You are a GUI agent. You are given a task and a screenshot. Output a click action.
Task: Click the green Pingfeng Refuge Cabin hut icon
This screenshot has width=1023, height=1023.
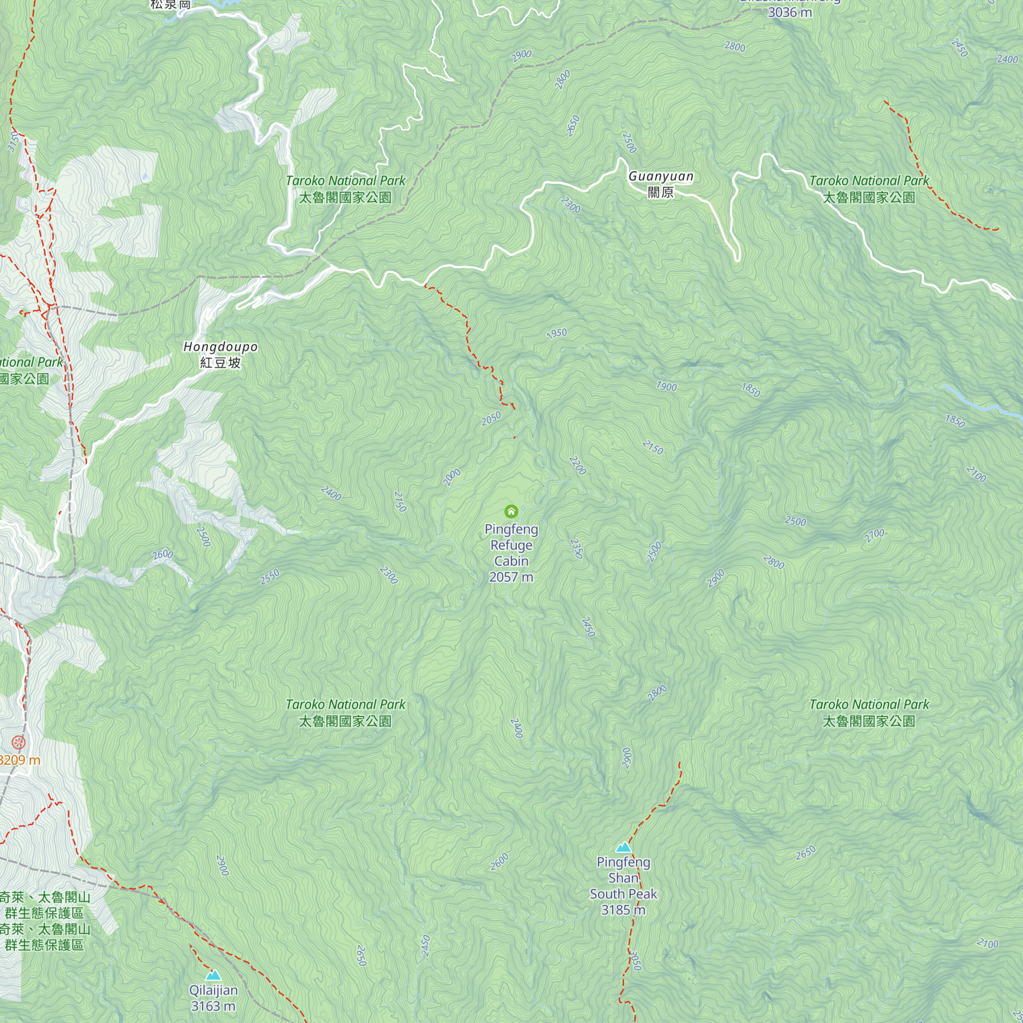click(x=511, y=511)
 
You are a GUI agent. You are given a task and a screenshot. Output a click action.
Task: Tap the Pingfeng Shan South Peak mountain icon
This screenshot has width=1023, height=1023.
click(x=624, y=847)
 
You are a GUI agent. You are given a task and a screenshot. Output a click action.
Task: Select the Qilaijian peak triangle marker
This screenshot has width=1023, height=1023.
click(x=213, y=975)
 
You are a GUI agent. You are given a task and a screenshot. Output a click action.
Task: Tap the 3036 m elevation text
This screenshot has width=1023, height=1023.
click(x=789, y=12)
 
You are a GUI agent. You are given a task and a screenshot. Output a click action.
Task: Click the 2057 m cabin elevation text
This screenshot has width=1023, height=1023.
click(x=511, y=577)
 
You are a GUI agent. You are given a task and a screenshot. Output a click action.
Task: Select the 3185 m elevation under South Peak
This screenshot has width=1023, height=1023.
click(x=622, y=909)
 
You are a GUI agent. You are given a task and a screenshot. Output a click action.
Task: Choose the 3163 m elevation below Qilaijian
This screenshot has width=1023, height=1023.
click(x=213, y=1006)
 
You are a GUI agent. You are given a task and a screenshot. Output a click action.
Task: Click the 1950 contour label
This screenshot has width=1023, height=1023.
click(x=557, y=333)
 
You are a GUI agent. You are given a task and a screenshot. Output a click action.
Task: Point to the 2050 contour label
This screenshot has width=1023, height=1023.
click(x=491, y=418)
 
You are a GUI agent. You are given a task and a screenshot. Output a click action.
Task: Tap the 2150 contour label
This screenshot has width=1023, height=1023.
click(x=652, y=448)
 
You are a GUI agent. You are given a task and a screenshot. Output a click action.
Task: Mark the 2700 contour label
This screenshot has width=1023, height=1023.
click(x=874, y=536)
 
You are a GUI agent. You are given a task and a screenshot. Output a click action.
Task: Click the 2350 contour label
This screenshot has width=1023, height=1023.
click(x=576, y=548)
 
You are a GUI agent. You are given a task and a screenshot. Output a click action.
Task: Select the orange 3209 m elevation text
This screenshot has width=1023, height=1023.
click(x=19, y=761)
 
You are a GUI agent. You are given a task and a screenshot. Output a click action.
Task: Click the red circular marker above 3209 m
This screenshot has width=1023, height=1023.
click(x=18, y=742)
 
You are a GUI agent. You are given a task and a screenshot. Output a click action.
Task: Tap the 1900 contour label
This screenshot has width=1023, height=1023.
click(x=666, y=387)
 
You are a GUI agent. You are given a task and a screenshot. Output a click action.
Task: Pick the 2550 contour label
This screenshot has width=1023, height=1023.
click(x=270, y=576)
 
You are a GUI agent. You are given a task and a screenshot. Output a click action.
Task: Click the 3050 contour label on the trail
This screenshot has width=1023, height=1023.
click(x=636, y=961)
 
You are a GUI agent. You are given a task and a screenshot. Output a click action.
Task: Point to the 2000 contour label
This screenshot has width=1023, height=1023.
click(x=452, y=477)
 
